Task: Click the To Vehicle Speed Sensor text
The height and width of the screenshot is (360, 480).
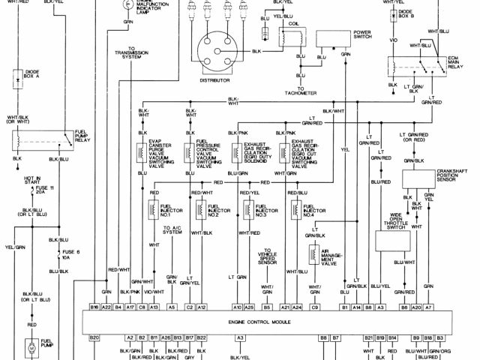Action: tap(268, 259)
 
